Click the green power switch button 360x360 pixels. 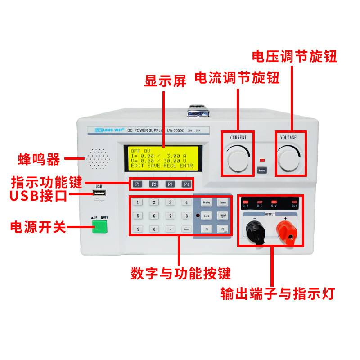click(100, 227)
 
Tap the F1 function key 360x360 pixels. click(138, 184)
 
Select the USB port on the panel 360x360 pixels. click(100, 194)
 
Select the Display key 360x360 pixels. click(207, 202)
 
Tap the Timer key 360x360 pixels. click(223, 202)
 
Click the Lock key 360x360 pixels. click(207, 216)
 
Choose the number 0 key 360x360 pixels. click(154, 229)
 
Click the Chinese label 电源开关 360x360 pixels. click(38, 227)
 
